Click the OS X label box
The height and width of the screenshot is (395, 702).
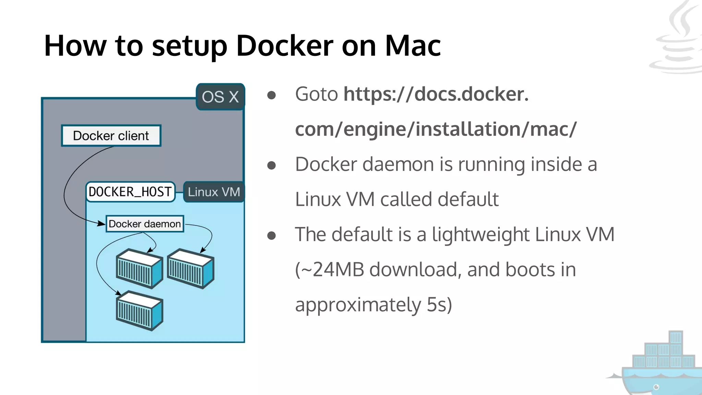220,97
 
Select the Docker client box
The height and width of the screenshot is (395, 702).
111,136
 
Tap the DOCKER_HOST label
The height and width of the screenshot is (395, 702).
130,192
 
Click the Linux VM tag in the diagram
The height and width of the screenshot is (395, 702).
214,192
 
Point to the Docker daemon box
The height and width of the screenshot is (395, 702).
145,224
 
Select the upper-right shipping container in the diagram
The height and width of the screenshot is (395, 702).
191,268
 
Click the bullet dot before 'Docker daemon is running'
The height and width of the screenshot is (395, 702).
271,166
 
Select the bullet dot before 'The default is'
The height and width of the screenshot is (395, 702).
271,236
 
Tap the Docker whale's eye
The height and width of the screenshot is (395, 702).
656,387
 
